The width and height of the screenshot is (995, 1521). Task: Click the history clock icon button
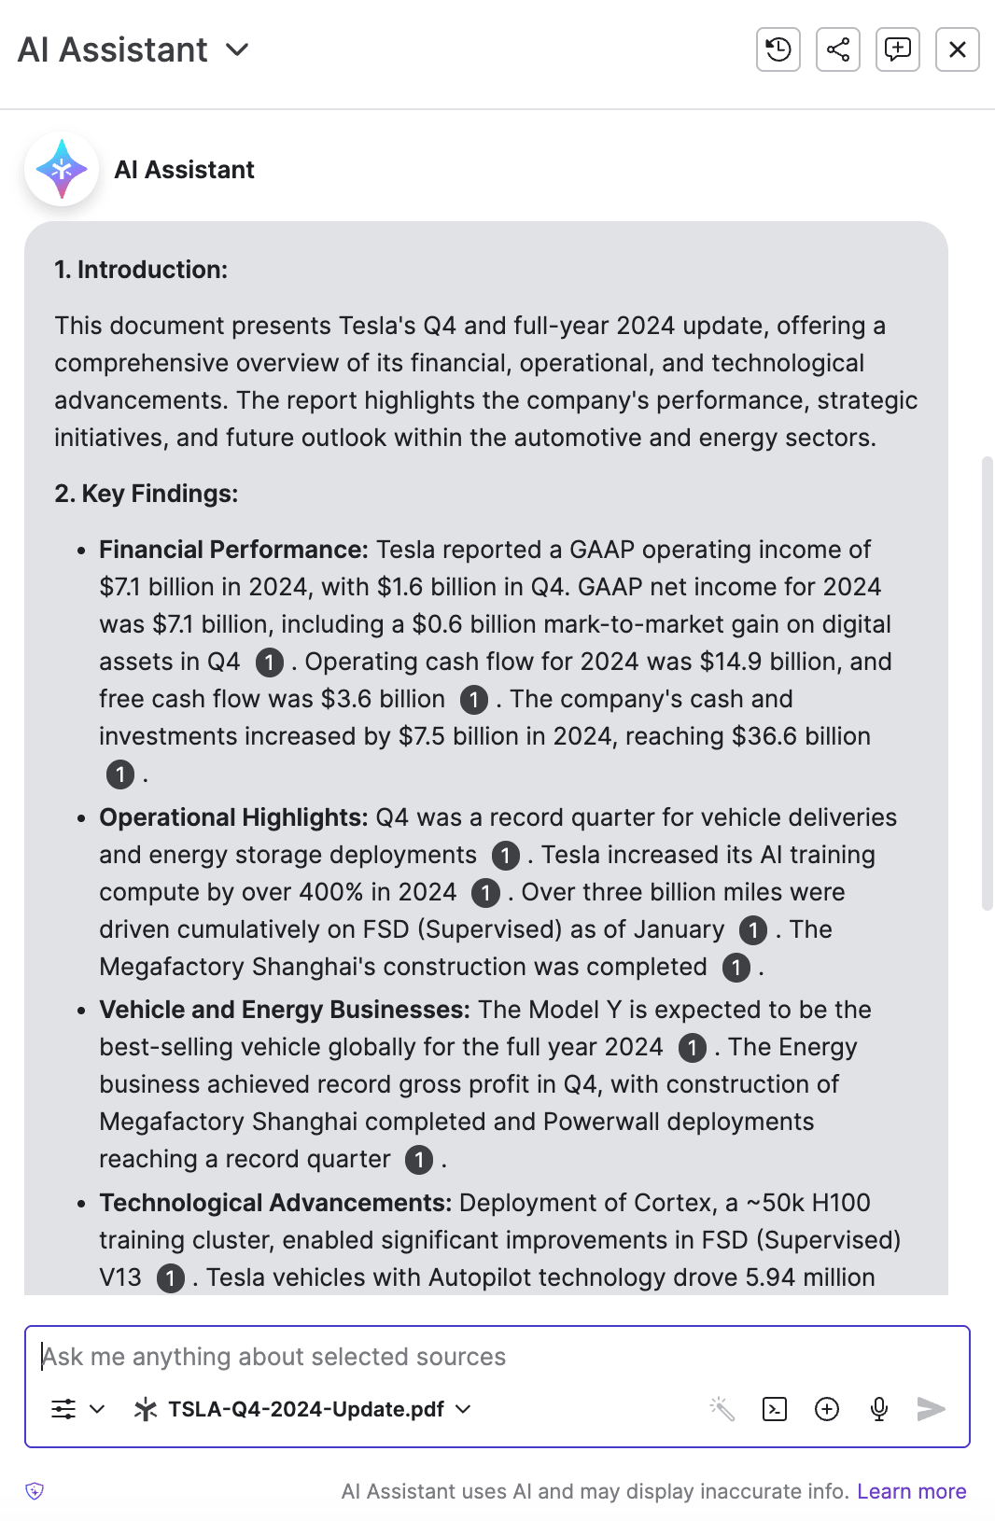point(778,49)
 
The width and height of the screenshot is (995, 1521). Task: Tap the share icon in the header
point(837,49)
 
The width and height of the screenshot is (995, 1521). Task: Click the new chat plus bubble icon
point(897,49)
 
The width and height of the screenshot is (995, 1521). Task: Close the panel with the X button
point(957,49)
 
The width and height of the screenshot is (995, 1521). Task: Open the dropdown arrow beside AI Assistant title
point(238,49)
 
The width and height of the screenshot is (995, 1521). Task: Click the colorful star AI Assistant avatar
point(62,169)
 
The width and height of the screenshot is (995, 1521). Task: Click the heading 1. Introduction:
point(141,270)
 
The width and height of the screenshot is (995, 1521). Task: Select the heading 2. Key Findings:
point(147,494)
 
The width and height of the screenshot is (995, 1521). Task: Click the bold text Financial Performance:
point(233,550)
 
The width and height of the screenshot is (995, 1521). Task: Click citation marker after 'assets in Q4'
point(270,663)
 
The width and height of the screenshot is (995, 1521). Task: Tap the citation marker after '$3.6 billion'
point(474,700)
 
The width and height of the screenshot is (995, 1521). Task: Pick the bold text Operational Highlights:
point(233,817)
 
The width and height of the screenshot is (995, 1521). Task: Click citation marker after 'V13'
point(170,1278)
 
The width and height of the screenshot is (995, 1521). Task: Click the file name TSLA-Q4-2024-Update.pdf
point(305,1409)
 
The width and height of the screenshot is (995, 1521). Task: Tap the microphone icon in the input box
point(878,1409)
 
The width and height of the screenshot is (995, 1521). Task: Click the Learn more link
point(911,1491)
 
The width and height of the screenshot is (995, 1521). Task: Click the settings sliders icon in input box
point(63,1409)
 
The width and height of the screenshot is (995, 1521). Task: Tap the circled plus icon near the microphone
point(827,1409)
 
